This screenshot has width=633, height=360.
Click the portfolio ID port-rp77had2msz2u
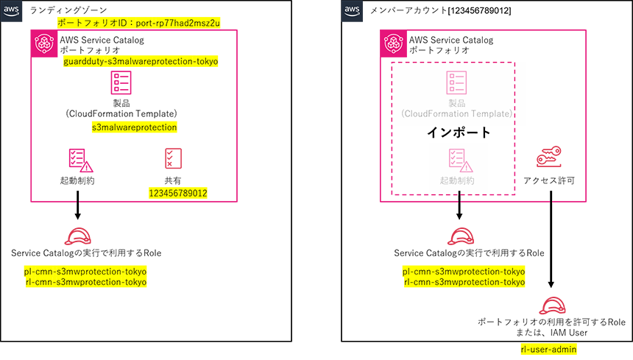pyautogui.click(x=177, y=23)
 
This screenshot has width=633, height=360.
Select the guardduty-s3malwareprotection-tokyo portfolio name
pyautogui.click(x=141, y=61)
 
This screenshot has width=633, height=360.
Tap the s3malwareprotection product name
pyautogui.click(x=135, y=127)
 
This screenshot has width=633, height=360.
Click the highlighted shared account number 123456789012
pyautogui.click(x=178, y=194)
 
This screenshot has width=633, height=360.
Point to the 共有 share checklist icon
pyautogui.click(x=173, y=158)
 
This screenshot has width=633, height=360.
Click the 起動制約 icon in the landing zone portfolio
pyautogui.click(x=81, y=160)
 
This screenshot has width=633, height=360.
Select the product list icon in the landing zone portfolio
pyautogui.click(x=121, y=82)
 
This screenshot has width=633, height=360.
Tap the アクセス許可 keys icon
pyautogui.click(x=549, y=157)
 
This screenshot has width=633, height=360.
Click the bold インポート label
pyautogui.click(x=459, y=133)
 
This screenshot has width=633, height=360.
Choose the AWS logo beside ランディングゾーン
pyautogui.click(x=11, y=11)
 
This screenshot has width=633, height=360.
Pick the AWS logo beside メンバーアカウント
pyautogui.click(x=352, y=11)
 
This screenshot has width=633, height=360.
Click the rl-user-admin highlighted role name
pyautogui.click(x=548, y=349)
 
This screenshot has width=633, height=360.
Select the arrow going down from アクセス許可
pyautogui.click(x=551, y=239)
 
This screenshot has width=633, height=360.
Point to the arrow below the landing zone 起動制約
pyautogui.click(x=77, y=205)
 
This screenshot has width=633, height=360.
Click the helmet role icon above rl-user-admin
pyautogui.click(x=552, y=306)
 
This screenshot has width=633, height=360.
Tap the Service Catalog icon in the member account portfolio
pyautogui.click(x=393, y=43)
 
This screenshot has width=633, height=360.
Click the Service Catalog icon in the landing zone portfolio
pyautogui.click(x=44, y=43)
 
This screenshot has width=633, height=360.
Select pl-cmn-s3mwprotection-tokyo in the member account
pyautogui.click(x=464, y=272)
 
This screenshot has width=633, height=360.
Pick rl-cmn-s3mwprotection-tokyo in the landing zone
pyautogui.click(x=86, y=282)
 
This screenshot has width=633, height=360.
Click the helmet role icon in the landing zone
pyautogui.click(x=78, y=236)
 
